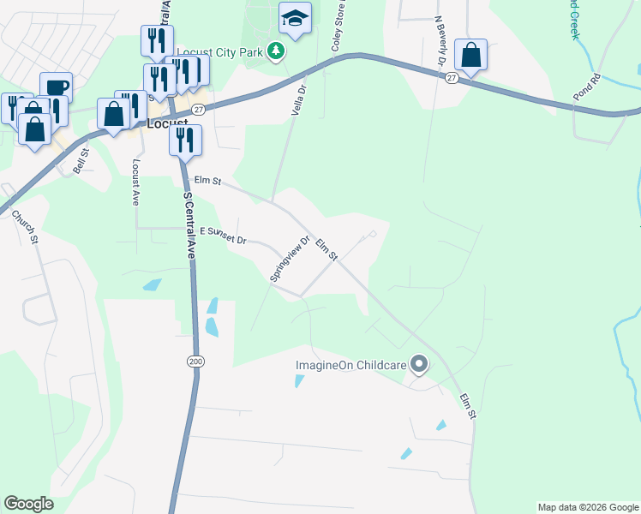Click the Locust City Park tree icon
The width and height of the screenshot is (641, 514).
[275, 52]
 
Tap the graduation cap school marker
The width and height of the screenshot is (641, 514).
[294, 19]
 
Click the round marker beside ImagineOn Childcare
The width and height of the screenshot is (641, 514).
[419, 366]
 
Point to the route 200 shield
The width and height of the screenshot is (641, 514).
[196, 362]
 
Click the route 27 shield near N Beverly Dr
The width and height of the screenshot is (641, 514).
[452, 77]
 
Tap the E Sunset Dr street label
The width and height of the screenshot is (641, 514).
[223, 236]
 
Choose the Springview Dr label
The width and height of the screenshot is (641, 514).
[290, 258]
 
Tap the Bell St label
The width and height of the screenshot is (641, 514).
[81, 160]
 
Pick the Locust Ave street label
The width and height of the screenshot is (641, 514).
[135, 180]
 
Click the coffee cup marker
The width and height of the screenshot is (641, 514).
[56, 87]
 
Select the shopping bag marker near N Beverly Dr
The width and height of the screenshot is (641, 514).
[470, 55]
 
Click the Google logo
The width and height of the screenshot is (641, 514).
[28, 504]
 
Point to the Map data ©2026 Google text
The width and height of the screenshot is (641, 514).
[588, 507]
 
